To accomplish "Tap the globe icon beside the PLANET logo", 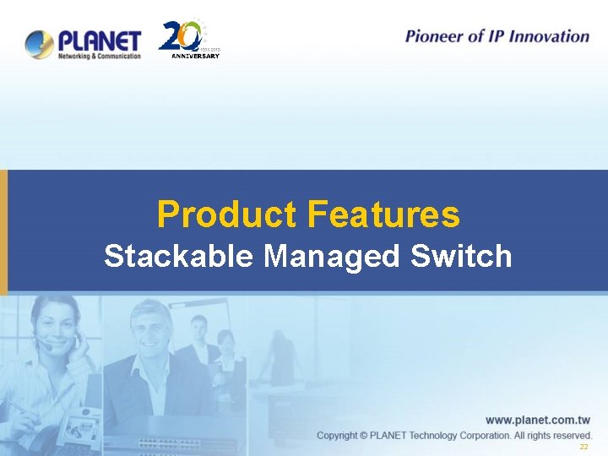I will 40,44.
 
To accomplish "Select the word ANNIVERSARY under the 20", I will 195,57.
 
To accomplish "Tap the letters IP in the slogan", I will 494,36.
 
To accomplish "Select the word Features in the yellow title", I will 383,214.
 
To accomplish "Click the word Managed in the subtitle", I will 331,256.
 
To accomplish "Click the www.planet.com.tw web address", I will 537,420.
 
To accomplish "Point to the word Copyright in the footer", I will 344,435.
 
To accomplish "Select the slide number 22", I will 584,447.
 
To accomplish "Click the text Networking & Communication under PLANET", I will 99,55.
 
